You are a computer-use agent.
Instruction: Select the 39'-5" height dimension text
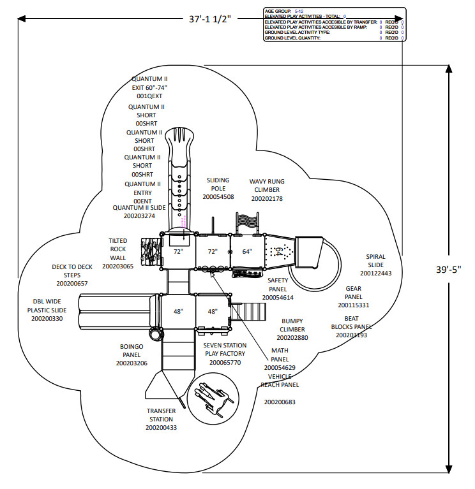pyautogui.click(x=448, y=269)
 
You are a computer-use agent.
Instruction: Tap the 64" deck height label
pyautogui.click(x=247, y=251)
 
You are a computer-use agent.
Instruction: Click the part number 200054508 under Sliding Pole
pyautogui.click(x=218, y=197)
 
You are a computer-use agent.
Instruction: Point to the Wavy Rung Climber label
pyautogui.click(x=267, y=186)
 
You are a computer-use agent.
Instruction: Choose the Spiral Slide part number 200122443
pyautogui.click(x=375, y=273)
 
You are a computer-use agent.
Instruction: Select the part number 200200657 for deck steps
pyautogui.click(x=72, y=283)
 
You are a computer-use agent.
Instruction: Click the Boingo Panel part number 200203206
pyautogui.click(x=132, y=363)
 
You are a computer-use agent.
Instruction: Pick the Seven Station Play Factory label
pyautogui.click(x=225, y=349)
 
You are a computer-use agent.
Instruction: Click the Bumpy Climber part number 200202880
pyautogui.click(x=292, y=337)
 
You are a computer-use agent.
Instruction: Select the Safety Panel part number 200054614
pyautogui.click(x=278, y=297)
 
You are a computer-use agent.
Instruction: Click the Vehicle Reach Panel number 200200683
pyautogui.click(x=280, y=402)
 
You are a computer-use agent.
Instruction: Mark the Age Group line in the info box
pyautogui.click(x=284, y=11)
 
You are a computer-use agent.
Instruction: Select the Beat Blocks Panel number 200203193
pyautogui.click(x=352, y=335)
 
